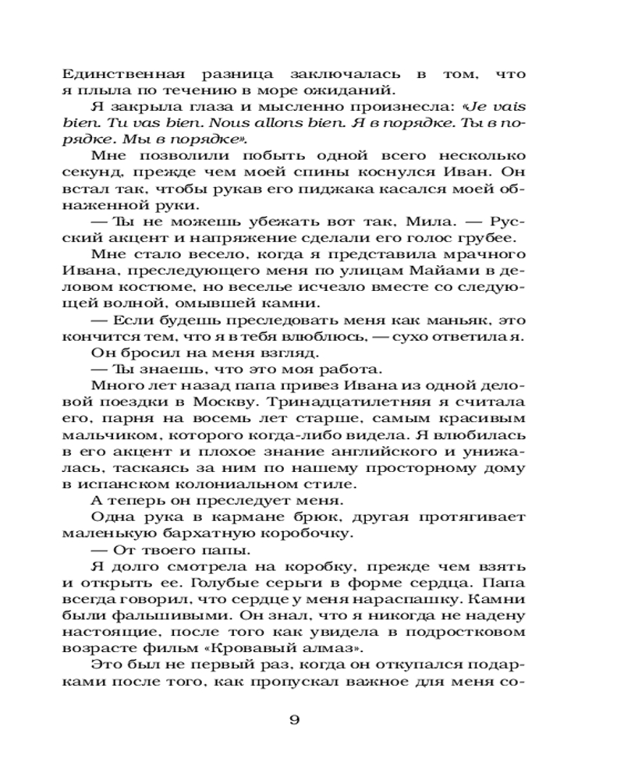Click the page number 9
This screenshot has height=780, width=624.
tap(294, 719)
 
